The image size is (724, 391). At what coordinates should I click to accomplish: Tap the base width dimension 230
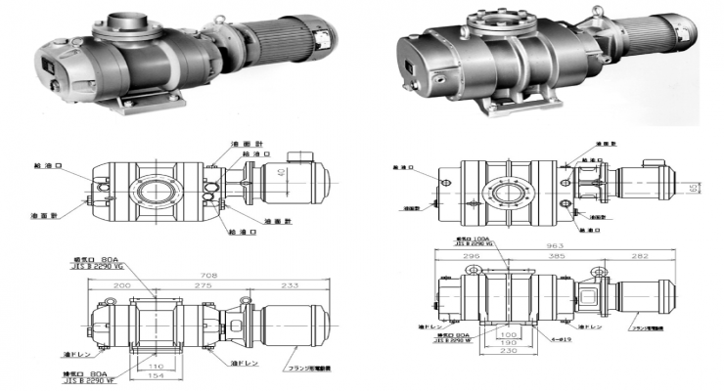pyautogui.click(x=507, y=364)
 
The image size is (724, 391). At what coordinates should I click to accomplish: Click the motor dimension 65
pyautogui.click(x=691, y=185)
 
